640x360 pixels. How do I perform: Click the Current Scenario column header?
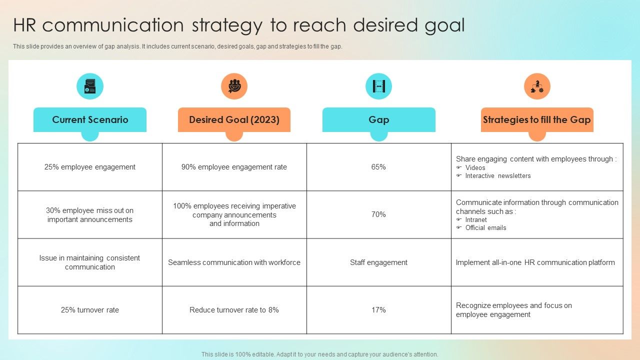(90, 120)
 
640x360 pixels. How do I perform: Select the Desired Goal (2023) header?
(234, 120)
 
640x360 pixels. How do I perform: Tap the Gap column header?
(378, 120)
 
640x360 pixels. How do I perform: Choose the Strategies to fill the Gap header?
(537, 120)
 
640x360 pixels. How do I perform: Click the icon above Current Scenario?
(90, 86)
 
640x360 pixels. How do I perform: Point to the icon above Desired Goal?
(234, 86)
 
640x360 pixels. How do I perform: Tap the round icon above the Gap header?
(378, 86)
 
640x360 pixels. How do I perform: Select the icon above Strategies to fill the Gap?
(537, 86)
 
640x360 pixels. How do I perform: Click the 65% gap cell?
(378, 167)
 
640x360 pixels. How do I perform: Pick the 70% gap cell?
(378, 214)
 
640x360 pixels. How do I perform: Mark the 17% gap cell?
(378, 310)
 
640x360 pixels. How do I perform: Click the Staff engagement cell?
(378, 262)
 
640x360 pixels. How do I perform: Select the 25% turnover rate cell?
(90, 310)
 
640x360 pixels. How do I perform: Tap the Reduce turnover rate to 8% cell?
(234, 310)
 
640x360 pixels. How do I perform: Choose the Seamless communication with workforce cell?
(234, 262)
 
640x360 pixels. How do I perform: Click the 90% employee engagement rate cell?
(234, 167)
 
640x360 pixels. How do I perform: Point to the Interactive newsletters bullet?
(497, 176)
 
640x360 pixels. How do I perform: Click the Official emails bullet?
(485, 228)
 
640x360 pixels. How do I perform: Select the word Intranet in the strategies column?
(476, 220)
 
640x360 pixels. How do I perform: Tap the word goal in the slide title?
(442, 25)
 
